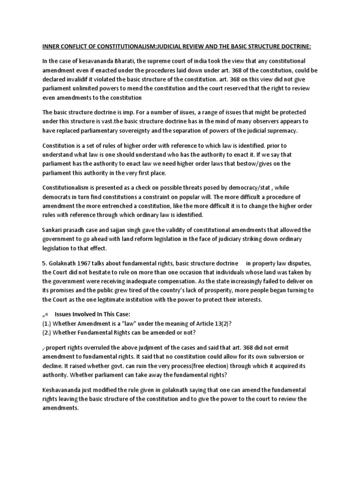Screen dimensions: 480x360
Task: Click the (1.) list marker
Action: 47,323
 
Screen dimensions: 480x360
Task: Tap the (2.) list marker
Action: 47,332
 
